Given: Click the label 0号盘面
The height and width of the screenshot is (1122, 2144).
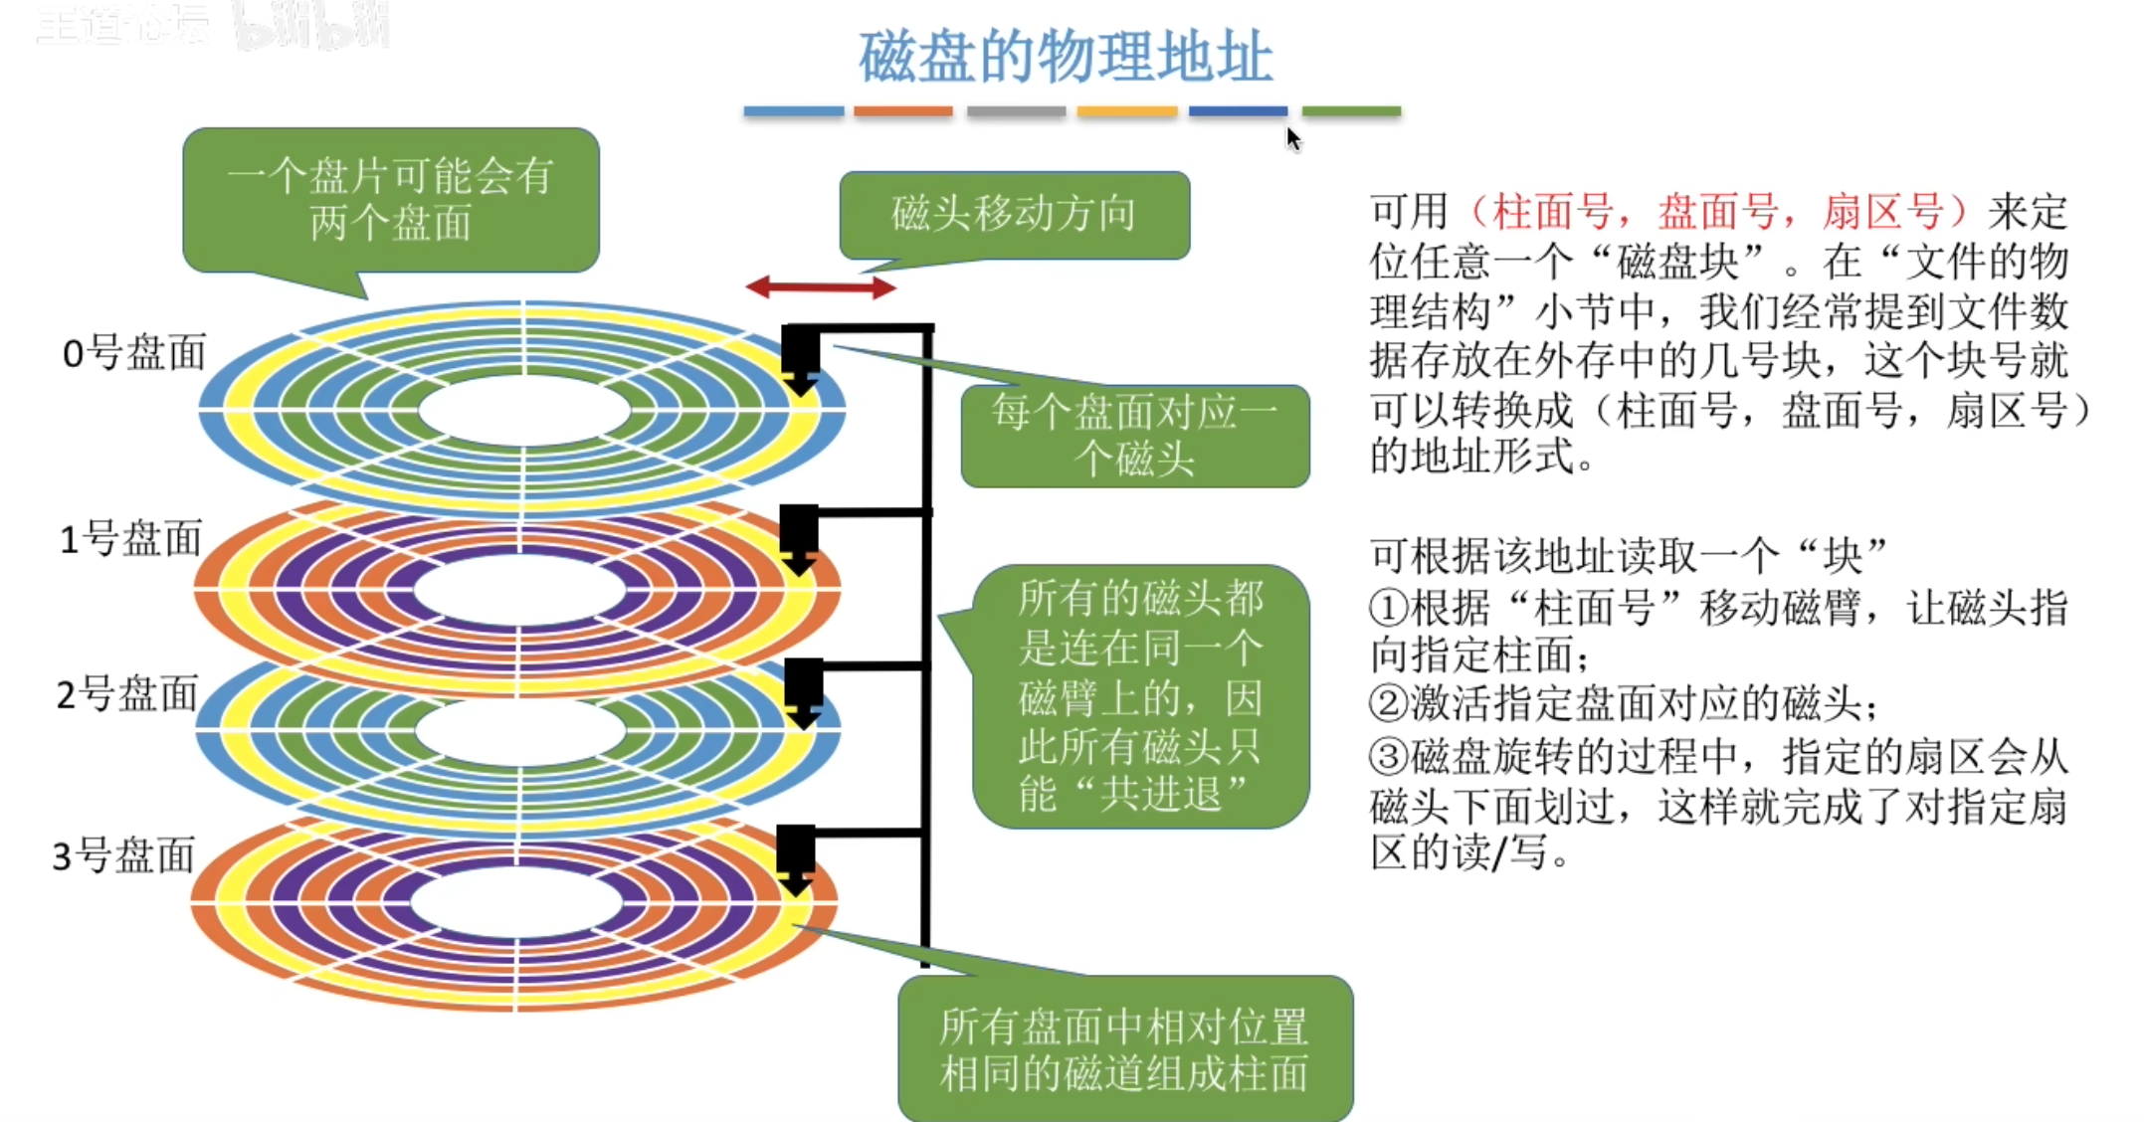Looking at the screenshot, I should (133, 353).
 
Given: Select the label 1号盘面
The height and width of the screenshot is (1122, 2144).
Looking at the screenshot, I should (130, 538).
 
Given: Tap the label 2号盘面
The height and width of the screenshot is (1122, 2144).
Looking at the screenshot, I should (127, 693).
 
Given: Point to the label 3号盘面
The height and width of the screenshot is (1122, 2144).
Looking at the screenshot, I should (123, 854).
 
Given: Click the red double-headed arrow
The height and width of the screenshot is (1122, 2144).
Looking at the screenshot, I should (821, 288).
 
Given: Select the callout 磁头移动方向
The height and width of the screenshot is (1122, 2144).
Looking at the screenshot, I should (1014, 214).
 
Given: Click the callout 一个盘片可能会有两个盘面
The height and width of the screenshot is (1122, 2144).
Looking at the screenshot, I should (390, 199).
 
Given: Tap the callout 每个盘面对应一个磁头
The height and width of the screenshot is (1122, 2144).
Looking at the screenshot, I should (1134, 436).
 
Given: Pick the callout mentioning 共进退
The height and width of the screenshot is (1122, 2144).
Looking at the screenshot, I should (1140, 695).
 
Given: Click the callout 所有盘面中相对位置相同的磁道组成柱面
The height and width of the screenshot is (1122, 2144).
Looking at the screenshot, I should (1124, 1049).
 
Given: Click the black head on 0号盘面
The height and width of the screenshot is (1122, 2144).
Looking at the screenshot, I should (801, 358).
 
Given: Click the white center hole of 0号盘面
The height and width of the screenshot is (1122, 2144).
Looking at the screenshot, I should (524, 410).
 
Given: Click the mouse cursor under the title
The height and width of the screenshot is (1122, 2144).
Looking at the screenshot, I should (1292, 138).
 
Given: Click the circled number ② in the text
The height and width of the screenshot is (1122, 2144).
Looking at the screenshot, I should (1388, 703).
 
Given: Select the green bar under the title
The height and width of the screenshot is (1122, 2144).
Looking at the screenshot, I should (1351, 111).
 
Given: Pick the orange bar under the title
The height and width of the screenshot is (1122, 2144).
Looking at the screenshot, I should (902, 111).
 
